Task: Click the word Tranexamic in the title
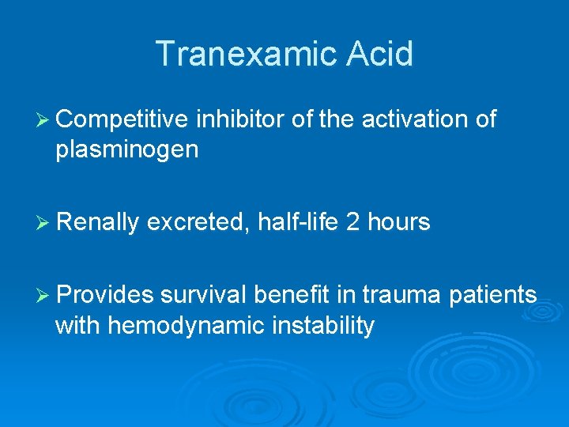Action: (x=241, y=54)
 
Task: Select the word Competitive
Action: (x=122, y=119)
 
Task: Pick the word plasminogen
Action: (x=126, y=150)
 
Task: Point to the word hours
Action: (x=399, y=223)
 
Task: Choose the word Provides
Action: (x=105, y=295)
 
